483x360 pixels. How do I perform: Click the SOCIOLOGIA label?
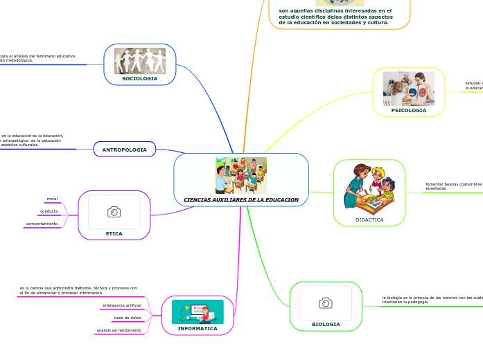tap(139, 79)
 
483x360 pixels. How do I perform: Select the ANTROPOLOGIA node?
tap(125, 150)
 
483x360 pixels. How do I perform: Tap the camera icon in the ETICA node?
tap(114, 212)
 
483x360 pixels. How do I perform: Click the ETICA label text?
tap(114, 234)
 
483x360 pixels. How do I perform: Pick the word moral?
tap(52, 199)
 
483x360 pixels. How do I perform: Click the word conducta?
tap(49, 211)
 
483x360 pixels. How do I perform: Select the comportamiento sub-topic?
tap(42, 224)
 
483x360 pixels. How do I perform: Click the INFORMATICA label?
tap(197, 329)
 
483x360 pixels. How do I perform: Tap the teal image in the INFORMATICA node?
tap(197, 312)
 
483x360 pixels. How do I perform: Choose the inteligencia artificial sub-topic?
tap(122, 305)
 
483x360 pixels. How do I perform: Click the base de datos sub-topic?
tap(128, 318)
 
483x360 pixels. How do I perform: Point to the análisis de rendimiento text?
tap(118, 330)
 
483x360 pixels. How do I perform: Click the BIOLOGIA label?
tap(326, 324)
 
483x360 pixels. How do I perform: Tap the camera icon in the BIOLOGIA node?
tap(326, 303)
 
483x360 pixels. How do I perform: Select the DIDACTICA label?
tap(369, 219)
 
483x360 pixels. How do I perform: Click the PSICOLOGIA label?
tap(409, 110)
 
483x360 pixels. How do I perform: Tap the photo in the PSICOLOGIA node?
tap(409, 88)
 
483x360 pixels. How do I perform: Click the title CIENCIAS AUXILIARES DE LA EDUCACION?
tap(241, 199)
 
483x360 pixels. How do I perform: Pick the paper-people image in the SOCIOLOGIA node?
tap(139, 60)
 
